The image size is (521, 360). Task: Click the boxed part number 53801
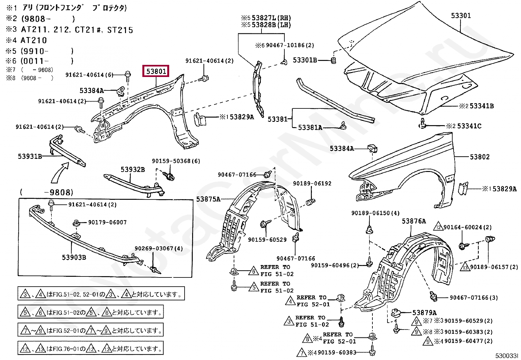pos(156,71)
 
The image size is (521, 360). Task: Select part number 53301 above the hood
pos(461,16)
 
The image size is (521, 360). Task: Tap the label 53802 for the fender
pos(479,157)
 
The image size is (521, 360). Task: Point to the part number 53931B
pos(30,156)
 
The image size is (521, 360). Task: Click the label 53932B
pos(133,169)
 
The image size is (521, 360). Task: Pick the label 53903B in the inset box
pos(74,257)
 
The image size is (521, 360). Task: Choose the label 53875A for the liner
pos(208,199)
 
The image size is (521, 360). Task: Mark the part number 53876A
pos(414,221)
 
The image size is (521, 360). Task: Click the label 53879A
pos(424,313)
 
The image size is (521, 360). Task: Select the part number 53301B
pos(305,60)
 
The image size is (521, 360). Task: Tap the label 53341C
pos(469,126)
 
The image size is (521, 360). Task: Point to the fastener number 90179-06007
pos(107,222)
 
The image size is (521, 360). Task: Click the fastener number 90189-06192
pos(312,184)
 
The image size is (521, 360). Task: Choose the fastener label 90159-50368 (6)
pos(176,161)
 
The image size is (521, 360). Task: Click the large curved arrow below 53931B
pos(60,173)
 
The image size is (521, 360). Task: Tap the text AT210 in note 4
pos(34,40)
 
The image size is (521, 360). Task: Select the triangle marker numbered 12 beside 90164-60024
pos(438,227)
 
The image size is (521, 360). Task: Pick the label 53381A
pos(310,127)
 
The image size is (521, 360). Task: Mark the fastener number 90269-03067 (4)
pos(159,249)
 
